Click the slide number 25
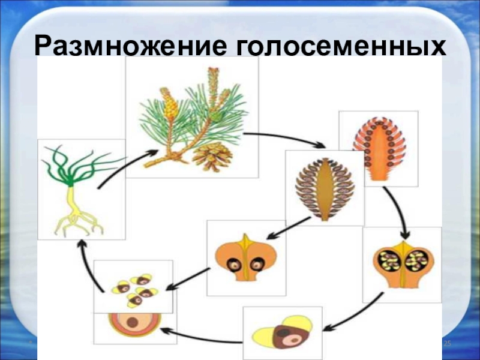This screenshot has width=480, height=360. point(446,341)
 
